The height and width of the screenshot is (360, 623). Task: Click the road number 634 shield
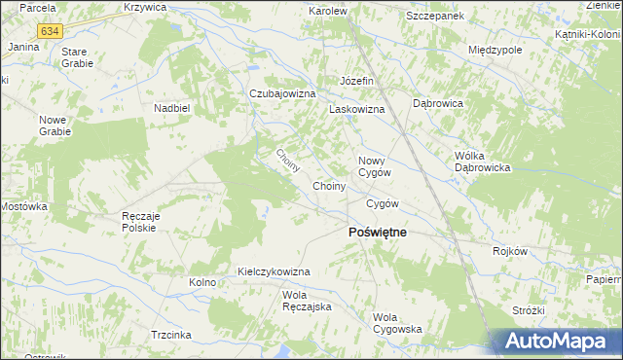point(49,31)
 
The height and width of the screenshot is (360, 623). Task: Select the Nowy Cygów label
point(374,166)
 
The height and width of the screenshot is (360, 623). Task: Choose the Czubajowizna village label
point(283,93)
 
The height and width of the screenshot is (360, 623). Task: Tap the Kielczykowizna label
point(274,271)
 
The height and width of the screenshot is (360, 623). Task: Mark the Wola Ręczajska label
point(308,301)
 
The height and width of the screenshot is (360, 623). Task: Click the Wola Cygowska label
point(397,322)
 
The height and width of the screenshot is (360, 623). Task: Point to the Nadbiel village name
point(170,108)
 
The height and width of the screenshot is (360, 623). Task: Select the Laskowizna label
point(357,110)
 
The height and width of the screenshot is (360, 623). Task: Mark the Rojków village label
point(509,251)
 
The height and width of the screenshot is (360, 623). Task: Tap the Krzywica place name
point(146,7)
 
